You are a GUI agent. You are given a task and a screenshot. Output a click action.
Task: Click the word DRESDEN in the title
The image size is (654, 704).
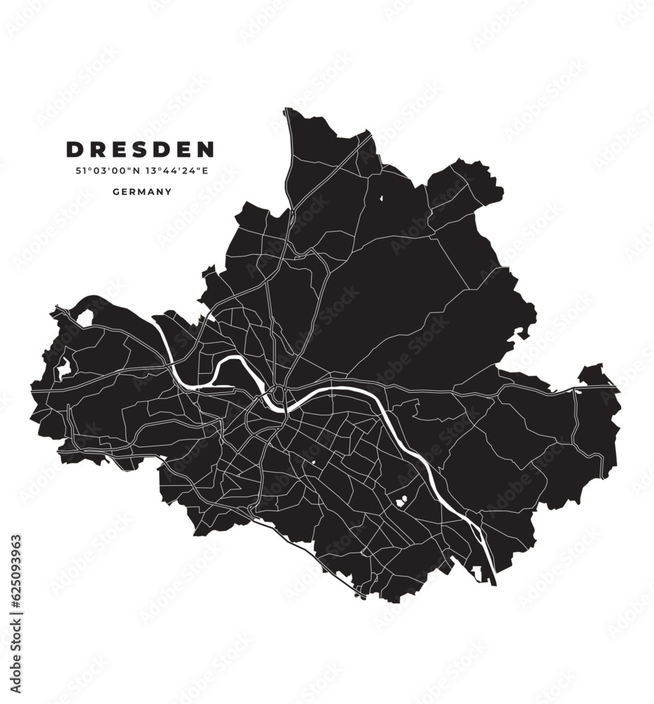(x=140, y=149)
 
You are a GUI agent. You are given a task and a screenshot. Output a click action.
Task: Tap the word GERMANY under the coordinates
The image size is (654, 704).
(x=142, y=191)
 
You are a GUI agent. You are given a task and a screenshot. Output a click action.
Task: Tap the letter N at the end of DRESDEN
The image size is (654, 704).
(x=206, y=149)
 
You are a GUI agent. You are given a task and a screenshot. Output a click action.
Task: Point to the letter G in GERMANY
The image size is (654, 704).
(x=115, y=191)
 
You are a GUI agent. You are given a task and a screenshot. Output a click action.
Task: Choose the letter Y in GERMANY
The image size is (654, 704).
(x=168, y=191)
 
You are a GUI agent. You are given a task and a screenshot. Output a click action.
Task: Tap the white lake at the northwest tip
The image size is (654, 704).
(x=85, y=318)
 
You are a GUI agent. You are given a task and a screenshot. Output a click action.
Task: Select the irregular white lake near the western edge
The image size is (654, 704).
(x=63, y=367)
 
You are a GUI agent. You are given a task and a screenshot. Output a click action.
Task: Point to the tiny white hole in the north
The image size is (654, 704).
(x=382, y=199)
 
